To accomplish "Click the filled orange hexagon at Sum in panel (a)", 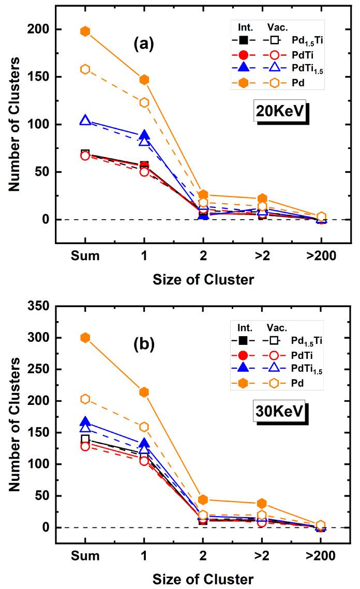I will tap(85, 31).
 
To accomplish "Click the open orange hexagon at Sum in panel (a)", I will tap(85, 69).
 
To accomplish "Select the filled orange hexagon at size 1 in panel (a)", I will tap(144, 80).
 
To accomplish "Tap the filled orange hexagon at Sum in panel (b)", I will tap(85, 338).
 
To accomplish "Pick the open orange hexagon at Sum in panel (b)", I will tap(85, 399).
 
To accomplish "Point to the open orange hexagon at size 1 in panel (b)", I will tap(144, 427).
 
